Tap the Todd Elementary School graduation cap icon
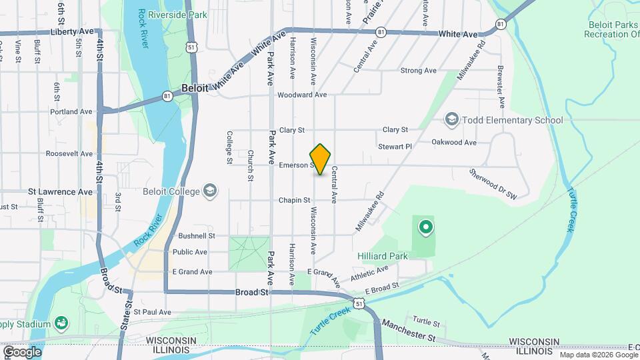click(x=451, y=120)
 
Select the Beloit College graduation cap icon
click(x=211, y=191)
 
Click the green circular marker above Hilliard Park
click(x=425, y=228)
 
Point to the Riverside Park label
click(x=178, y=15)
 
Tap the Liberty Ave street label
click(x=72, y=31)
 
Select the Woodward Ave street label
click(x=302, y=95)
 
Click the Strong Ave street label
click(x=418, y=71)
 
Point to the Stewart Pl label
click(x=395, y=146)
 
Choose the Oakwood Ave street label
click(x=454, y=142)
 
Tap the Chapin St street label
click(x=295, y=200)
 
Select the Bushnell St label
click(x=197, y=236)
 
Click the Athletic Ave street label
click(x=369, y=273)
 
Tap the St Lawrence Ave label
click(x=61, y=191)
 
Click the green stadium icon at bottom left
click(x=61, y=323)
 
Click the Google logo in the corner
click(x=22, y=351)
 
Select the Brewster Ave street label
click(x=499, y=86)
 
